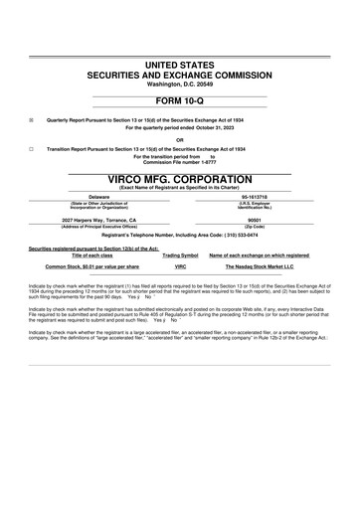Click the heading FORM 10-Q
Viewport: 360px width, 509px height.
tap(180, 100)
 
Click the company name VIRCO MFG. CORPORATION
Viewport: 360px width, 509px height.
tap(180, 179)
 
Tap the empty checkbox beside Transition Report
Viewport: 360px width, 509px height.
tap(32, 147)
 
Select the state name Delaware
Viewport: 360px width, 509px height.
tap(99, 197)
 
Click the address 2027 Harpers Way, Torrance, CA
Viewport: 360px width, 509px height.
tap(99, 219)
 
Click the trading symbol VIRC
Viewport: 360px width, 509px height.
tap(181, 267)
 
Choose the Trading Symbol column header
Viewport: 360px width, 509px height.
tap(181, 255)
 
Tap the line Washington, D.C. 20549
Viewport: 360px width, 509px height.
tap(180, 84)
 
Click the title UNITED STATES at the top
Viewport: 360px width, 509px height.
tap(180, 64)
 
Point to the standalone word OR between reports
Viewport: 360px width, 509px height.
tap(180, 138)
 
